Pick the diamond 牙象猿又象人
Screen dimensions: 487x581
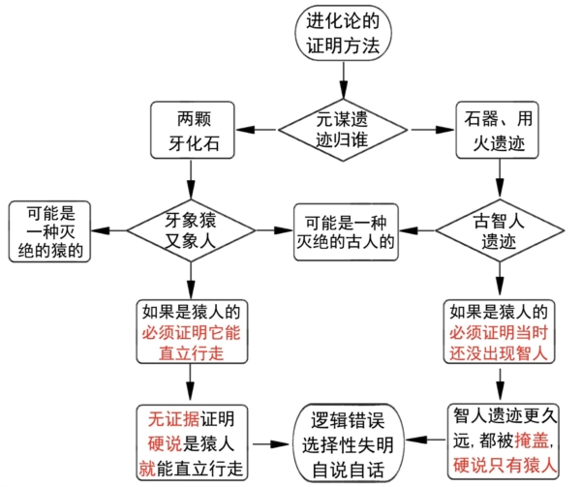point(192,230)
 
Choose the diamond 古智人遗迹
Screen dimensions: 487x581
point(498,230)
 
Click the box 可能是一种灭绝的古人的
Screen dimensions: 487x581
point(347,230)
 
